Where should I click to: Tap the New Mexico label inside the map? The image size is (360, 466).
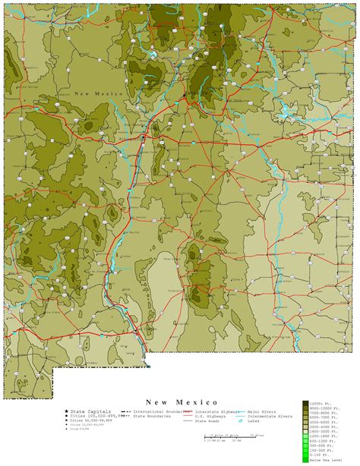tap(99, 93)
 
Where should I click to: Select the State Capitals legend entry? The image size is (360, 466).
tap(92, 411)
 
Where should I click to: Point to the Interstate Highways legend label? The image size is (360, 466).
tap(208, 411)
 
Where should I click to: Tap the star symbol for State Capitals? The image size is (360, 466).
tap(66, 411)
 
